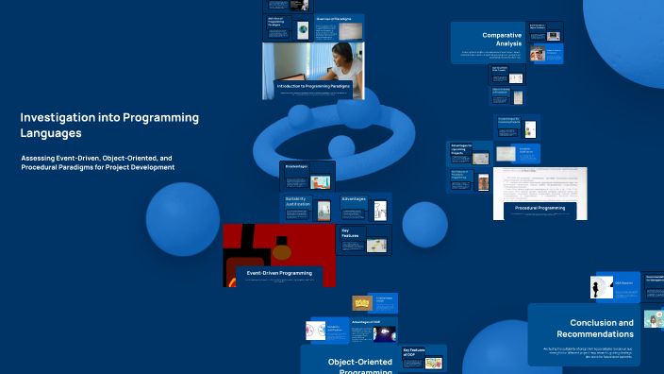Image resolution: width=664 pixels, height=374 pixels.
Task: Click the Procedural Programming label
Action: pos(539,207)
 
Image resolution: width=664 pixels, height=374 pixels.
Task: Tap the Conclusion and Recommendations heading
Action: pos(594,328)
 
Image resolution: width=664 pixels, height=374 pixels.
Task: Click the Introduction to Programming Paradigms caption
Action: pos(313,86)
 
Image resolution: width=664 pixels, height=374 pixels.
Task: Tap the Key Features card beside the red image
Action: pos(364,237)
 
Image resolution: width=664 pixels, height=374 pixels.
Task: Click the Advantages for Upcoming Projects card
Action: pos(469,152)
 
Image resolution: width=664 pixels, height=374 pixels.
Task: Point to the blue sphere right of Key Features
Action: pos(424,224)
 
